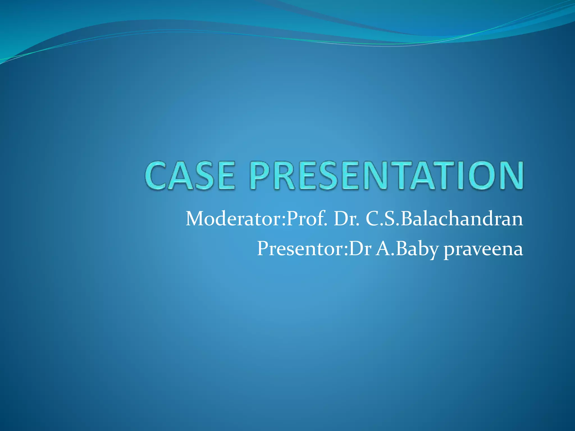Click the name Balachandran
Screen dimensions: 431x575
[x=462, y=219]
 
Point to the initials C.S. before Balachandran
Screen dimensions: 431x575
[x=382, y=219]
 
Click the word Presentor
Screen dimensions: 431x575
[x=300, y=249]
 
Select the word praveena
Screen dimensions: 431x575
[x=483, y=249]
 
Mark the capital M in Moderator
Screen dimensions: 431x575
[x=196, y=219]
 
